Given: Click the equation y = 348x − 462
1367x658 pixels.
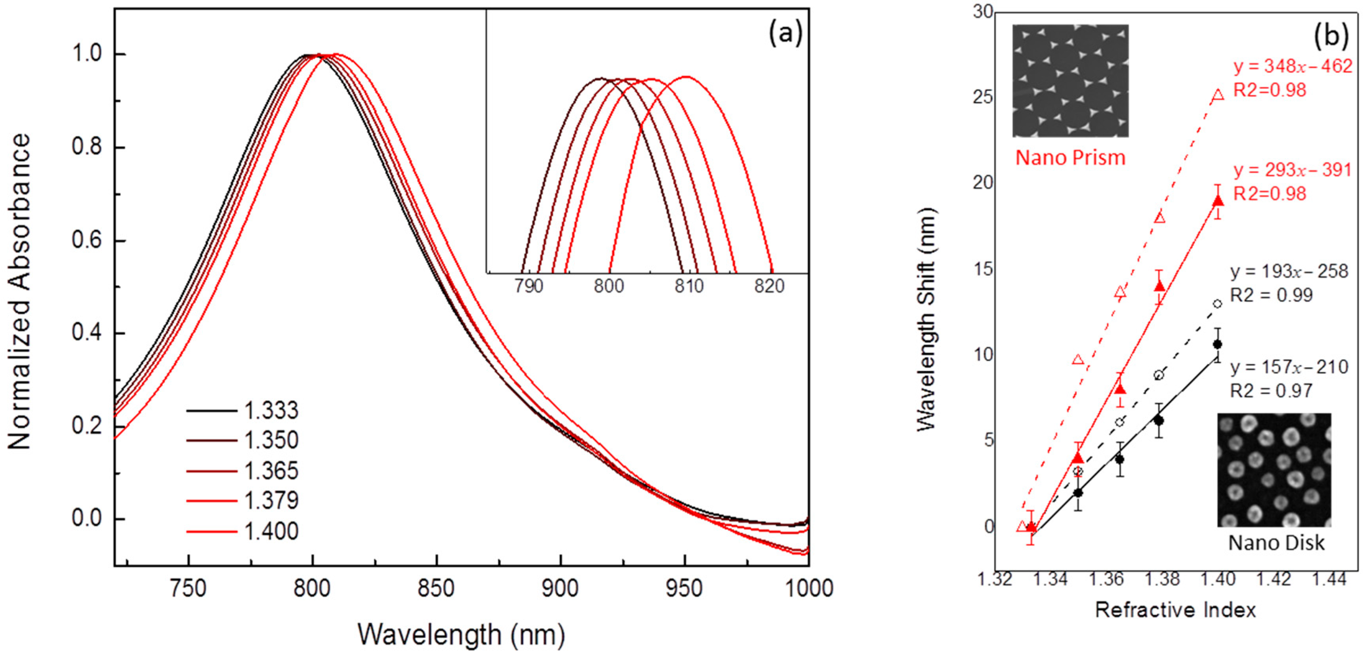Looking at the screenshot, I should [1292, 66].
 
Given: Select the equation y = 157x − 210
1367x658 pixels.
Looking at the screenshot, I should [1289, 367].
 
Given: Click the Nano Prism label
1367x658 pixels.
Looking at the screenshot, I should [1070, 158].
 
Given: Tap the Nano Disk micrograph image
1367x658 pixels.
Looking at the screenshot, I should [1274, 470].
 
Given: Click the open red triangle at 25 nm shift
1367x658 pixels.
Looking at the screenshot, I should [1218, 95].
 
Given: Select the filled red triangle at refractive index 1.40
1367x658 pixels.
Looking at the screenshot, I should [1218, 201].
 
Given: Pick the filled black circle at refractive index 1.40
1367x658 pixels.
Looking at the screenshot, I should [1218, 344].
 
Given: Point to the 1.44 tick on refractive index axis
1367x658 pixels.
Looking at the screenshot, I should [1329, 579].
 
